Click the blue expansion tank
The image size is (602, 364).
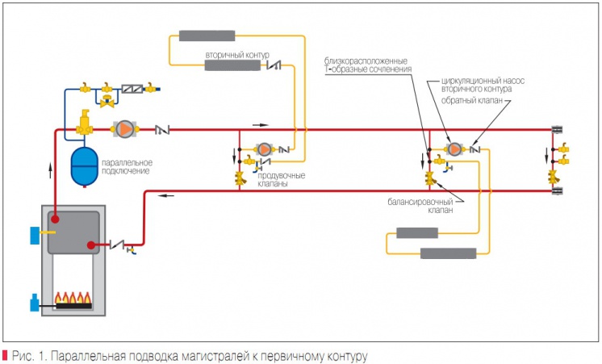pyautogui.click(x=85, y=166)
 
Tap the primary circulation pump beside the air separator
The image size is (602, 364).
pyautogui.click(x=125, y=129)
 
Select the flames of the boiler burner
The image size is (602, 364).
pyautogui.click(x=73, y=298)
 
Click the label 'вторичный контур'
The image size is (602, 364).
pyautogui.click(x=237, y=55)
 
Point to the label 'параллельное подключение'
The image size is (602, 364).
pyautogui.click(x=127, y=166)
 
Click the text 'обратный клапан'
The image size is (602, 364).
pyautogui.click(x=472, y=101)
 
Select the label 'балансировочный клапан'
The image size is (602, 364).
pyautogui.click(x=420, y=206)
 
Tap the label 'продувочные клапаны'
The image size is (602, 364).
pyautogui.click(x=282, y=179)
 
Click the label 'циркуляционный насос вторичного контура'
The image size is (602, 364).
pyautogui.click(x=483, y=85)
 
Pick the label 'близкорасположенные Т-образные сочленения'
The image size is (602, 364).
pyautogui.click(x=367, y=65)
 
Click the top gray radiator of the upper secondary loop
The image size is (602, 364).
pyautogui.click(x=207, y=36)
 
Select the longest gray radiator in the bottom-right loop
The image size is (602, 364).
pyautogui.click(x=448, y=253)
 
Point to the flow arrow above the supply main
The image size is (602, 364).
pyautogui.click(x=261, y=125)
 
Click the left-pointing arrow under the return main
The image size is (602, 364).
pyautogui.click(x=166, y=196)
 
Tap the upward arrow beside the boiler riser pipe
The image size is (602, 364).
pyautogui.click(x=50, y=170)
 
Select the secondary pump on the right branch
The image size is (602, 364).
pyautogui.click(x=454, y=149)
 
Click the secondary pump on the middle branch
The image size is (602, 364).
pyautogui.click(x=264, y=149)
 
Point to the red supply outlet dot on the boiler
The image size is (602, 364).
pyautogui.click(x=56, y=220)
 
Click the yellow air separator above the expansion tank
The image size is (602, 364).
pyautogui.click(x=84, y=123)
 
